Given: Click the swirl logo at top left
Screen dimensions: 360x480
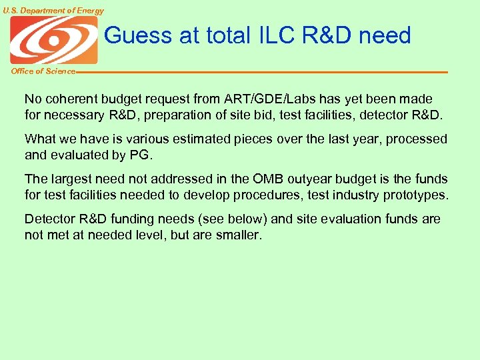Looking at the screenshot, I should tap(53, 40).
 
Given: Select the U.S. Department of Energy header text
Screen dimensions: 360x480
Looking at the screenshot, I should tap(53, 11).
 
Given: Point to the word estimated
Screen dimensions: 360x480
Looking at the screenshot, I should tap(208, 139).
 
